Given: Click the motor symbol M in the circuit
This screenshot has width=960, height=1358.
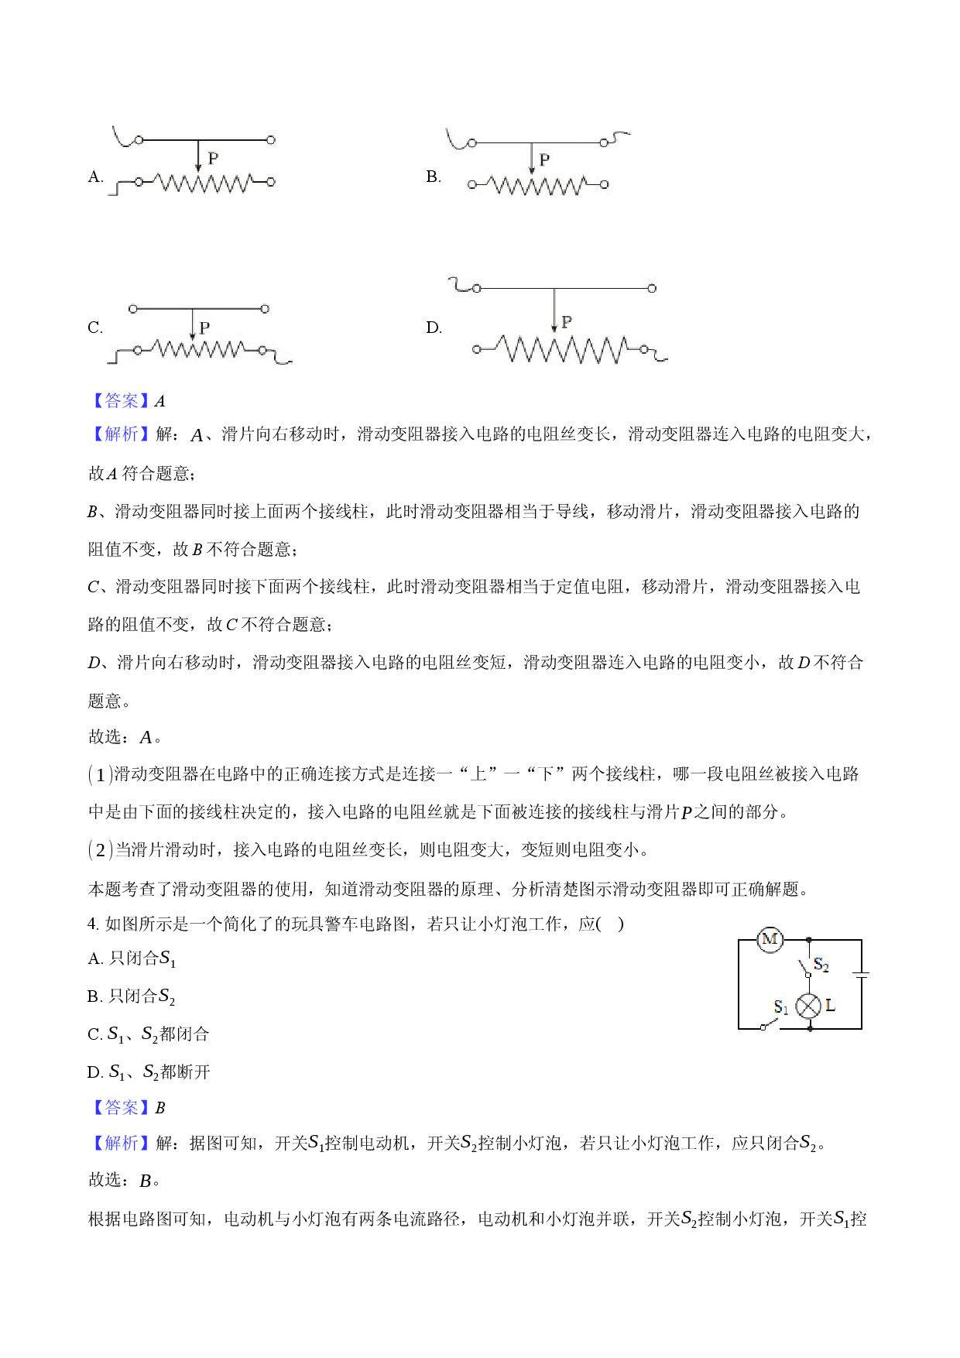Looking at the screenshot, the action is coord(770,940).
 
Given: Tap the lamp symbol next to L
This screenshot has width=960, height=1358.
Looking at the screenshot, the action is coord(809,1006).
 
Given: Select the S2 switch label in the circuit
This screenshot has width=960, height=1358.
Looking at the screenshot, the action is coord(821,965).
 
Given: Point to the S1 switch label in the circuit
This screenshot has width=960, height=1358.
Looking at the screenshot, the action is coord(781,1006).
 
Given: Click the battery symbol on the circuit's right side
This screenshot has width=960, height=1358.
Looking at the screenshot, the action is coord(861,974).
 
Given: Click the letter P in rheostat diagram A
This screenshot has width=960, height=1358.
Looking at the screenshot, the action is coord(213,158).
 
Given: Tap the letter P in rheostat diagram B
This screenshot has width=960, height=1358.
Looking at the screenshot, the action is coord(544,159).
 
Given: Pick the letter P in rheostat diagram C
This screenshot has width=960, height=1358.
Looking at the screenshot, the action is coord(204,327).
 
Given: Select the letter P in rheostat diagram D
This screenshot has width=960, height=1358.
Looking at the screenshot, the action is coord(567,321).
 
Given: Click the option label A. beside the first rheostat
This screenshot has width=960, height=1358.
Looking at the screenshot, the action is coord(96,177).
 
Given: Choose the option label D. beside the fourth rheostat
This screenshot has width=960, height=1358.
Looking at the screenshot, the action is coord(434,327).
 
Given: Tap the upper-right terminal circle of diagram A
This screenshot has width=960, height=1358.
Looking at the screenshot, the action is coord(270,140).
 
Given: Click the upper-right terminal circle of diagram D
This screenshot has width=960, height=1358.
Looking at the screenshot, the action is coord(652,288).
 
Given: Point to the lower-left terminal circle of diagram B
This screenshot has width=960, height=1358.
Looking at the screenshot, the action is coord(472,184).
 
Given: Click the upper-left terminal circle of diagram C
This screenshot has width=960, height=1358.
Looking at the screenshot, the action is coord(133,309).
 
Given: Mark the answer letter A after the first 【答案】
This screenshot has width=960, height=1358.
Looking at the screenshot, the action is coord(159,401).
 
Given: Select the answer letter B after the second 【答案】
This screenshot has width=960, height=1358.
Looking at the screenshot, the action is coord(159,1108).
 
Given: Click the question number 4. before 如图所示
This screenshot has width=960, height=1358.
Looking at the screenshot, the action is coord(94,924).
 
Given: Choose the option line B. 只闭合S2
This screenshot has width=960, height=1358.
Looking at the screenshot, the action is coord(132,996).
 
